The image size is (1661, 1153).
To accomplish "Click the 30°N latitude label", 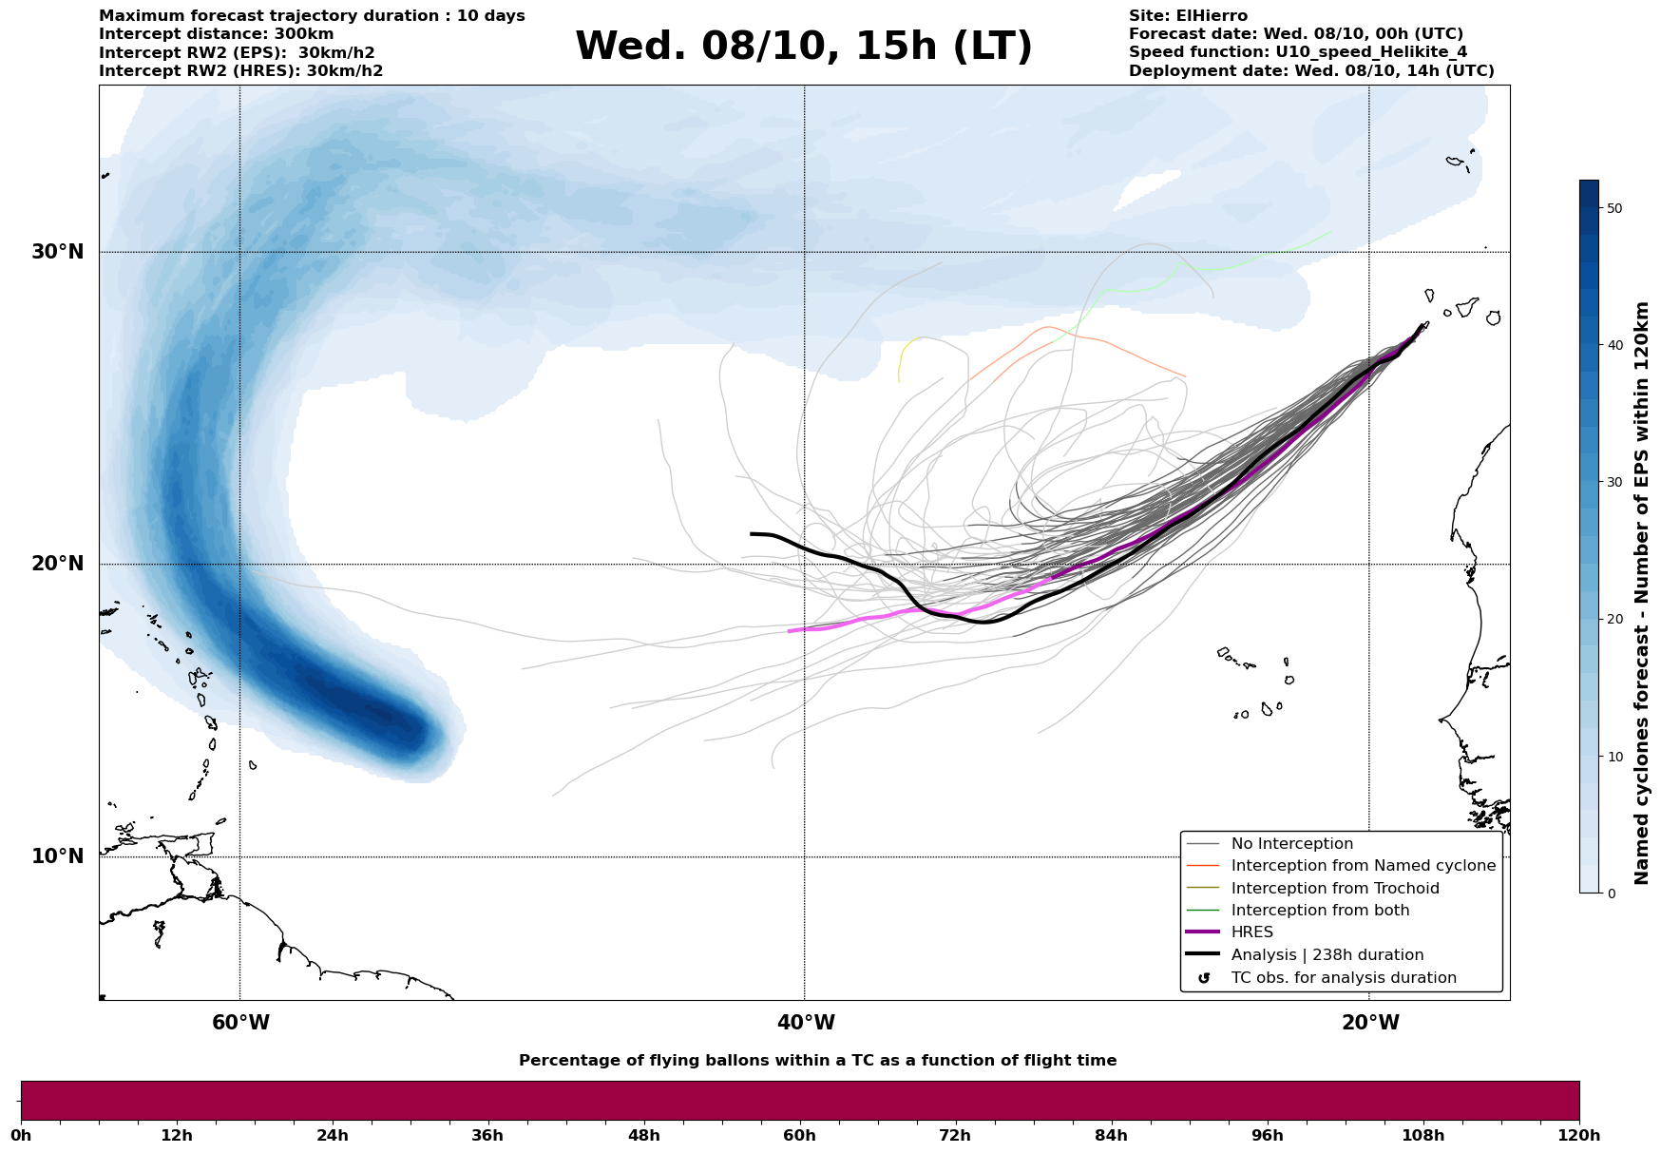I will [58, 252].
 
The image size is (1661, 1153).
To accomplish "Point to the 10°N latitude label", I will [58, 856].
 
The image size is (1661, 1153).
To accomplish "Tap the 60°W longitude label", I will [240, 1023].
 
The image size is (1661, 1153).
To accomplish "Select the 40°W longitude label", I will [806, 1023].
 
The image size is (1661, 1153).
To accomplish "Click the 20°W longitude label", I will [1370, 1023].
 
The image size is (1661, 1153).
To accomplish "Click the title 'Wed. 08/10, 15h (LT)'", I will [803, 47].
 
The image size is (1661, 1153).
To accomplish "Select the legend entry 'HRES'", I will [1251, 932].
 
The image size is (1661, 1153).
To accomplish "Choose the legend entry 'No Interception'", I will [1291, 844].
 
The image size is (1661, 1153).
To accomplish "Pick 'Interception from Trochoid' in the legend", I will [1334, 889].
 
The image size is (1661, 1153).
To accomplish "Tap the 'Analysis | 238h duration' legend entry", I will [1327, 955].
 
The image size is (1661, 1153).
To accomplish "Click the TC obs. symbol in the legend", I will [1204, 978].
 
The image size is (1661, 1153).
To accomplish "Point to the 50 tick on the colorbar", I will [1613, 208].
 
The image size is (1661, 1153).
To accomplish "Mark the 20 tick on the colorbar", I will [1613, 619].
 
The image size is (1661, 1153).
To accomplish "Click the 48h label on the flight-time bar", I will [643, 1136].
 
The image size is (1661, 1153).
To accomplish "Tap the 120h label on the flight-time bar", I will [1579, 1136].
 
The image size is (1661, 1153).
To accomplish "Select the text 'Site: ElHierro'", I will [1188, 16].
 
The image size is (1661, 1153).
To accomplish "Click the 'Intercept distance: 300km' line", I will [216, 34].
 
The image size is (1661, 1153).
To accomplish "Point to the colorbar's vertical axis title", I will [1642, 593].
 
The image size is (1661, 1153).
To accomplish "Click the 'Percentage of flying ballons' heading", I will [817, 1061].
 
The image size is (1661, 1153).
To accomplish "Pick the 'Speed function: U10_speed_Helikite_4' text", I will [1297, 52].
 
